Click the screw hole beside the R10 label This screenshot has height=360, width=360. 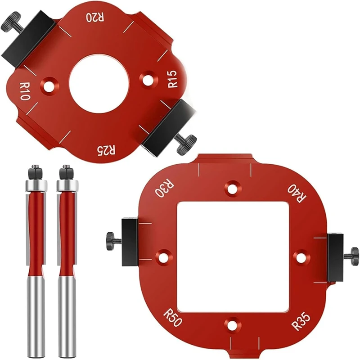[x=49, y=85]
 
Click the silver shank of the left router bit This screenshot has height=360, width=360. [x=35, y=315]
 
